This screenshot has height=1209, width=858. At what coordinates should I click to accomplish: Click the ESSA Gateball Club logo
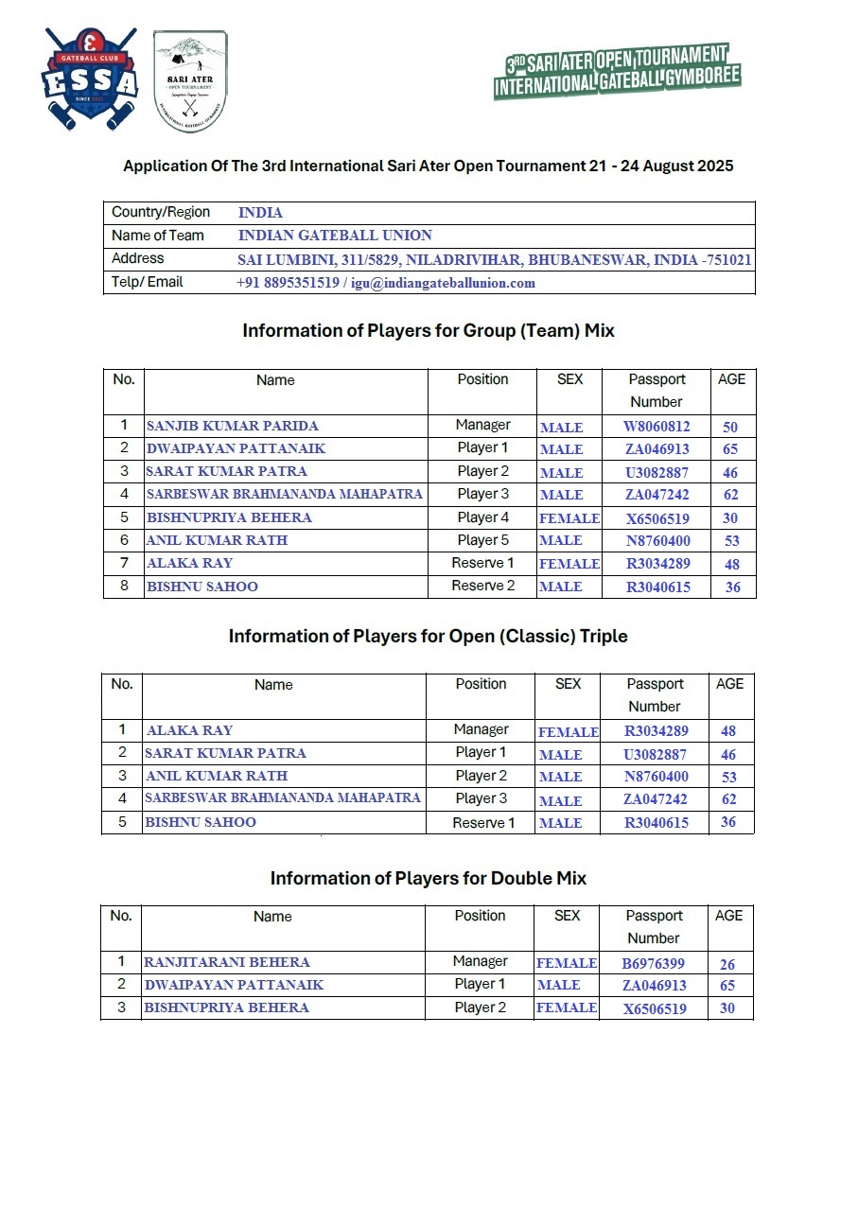[x=90, y=79]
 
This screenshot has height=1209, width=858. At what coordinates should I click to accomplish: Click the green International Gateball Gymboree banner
[x=616, y=71]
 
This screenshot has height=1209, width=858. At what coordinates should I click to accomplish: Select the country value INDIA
[x=260, y=213]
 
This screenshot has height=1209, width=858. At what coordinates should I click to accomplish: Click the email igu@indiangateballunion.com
[x=443, y=282]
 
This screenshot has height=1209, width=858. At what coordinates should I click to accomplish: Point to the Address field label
[x=137, y=258]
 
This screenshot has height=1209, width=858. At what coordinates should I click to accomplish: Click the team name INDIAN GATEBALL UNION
[x=335, y=236]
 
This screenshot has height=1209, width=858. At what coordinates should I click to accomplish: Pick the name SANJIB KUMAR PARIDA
[x=233, y=426]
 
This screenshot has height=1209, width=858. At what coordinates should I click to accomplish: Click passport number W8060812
[x=657, y=427]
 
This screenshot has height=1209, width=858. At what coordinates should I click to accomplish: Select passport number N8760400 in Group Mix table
[x=658, y=540]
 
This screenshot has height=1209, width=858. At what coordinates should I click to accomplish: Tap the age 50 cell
[x=730, y=427]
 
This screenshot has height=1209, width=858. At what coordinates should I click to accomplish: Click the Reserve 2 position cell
[x=482, y=586]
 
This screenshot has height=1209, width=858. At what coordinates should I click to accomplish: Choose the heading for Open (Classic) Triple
[x=428, y=637]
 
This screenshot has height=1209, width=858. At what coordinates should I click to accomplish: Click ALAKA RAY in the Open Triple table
[x=189, y=730]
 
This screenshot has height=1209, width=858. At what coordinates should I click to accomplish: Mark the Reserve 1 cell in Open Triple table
[x=483, y=822]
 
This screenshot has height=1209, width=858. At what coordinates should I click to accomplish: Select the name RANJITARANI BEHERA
[x=226, y=962]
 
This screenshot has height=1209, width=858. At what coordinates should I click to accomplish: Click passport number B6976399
[x=653, y=963]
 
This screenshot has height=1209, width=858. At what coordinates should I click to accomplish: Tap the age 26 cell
[x=727, y=964]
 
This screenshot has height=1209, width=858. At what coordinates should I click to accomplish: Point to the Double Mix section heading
[x=428, y=879]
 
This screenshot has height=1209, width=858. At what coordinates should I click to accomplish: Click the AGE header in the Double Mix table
[x=728, y=916]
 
